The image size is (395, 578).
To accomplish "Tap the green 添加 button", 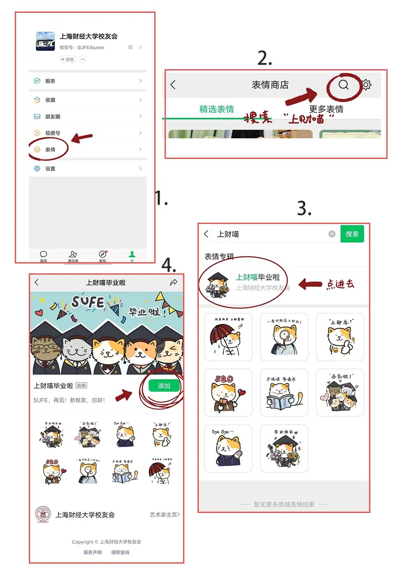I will point(164,386).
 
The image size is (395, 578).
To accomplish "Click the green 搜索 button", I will point(352,234).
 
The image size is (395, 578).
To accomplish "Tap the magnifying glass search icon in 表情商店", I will point(344,85).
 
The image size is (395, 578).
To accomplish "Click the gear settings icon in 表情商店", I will point(366,85).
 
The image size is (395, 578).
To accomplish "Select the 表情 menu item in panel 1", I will point(50,149).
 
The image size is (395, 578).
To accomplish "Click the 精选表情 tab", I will point(216,109).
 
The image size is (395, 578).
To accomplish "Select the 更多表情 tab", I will point(326,109).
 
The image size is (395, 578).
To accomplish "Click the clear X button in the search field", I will point(332,234).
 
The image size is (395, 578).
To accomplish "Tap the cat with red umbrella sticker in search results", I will point(228,337).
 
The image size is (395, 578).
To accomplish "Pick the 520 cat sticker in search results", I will point(228,392).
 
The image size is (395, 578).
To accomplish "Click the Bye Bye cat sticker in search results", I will point(228,448).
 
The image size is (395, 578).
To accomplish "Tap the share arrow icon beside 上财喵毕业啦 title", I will point(174,282).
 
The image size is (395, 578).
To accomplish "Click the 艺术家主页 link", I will point(165,515).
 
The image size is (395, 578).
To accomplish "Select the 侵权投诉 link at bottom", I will point(120,552).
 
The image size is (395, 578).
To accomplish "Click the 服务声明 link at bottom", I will point(92,552).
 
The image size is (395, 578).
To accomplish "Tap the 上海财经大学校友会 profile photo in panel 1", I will point(45,41).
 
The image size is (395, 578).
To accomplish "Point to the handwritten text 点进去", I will point(340,284).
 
